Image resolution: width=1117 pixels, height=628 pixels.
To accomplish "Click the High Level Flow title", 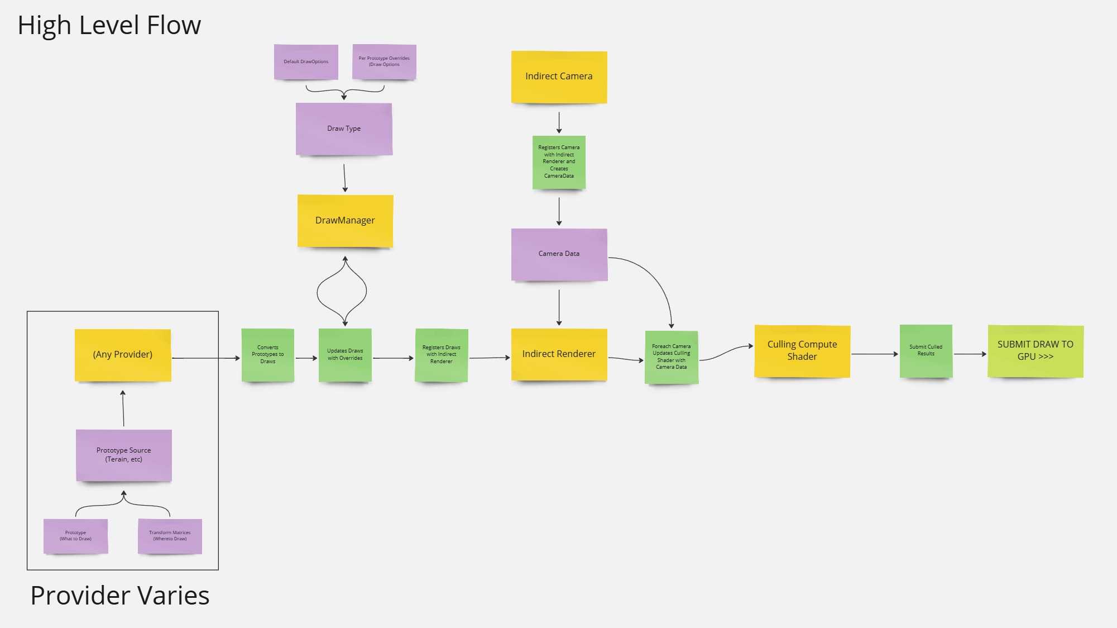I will (x=109, y=25).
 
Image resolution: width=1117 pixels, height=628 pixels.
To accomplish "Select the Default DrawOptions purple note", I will (x=306, y=61).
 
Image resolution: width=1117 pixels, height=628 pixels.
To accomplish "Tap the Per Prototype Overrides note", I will (x=384, y=61).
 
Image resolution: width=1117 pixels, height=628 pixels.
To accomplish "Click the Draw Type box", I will (x=344, y=129).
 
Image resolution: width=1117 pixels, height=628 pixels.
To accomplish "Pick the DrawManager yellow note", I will (x=345, y=220).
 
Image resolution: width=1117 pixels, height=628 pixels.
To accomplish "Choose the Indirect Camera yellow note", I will (x=559, y=77).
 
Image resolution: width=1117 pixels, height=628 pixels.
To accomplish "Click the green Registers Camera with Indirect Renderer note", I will (x=559, y=162).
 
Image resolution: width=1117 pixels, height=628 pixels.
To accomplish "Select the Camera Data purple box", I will (x=559, y=254).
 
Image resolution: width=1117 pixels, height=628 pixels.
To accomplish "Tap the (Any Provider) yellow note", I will (x=123, y=355).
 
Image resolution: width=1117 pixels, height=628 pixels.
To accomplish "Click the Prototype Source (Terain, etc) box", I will (x=123, y=455).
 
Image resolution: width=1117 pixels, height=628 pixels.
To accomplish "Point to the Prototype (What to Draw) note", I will (x=75, y=536).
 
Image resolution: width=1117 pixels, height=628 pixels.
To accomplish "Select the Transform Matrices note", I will (x=170, y=536).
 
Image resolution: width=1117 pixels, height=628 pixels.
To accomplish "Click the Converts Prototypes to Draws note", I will (x=267, y=355).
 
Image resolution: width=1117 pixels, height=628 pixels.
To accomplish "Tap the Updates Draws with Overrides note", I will (x=345, y=355).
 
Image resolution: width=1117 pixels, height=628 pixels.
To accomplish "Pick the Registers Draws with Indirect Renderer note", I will (x=441, y=355).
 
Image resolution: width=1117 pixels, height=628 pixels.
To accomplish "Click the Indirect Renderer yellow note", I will (x=559, y=354).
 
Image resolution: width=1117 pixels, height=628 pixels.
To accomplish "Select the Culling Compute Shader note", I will (x=802, y=351).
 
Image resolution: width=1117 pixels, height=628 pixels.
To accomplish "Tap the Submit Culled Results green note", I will (x=926, y=351).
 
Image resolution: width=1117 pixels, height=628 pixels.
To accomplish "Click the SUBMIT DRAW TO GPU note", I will (x=1035, y=351).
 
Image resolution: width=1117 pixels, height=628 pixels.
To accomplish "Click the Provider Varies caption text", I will (x=120, y=596).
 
